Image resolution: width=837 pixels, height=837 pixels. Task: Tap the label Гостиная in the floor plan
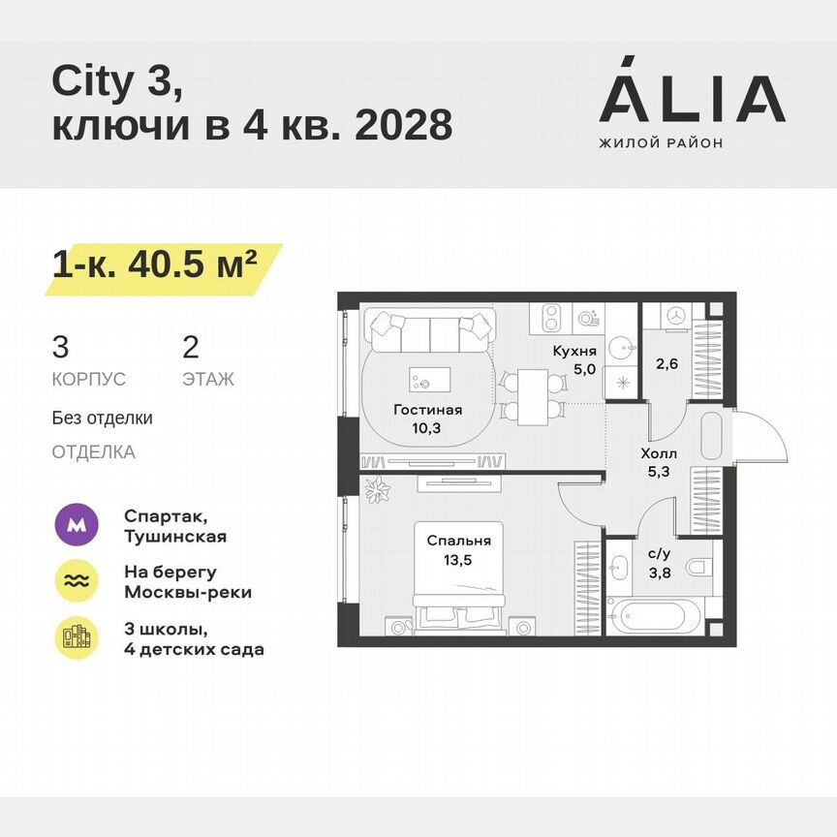427,410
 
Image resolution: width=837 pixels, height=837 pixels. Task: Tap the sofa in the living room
429,331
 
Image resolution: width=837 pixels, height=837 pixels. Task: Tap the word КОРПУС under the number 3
88,380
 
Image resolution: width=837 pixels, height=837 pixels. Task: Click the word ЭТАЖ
207,380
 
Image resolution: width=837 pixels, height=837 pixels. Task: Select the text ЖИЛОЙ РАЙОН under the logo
661,142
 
